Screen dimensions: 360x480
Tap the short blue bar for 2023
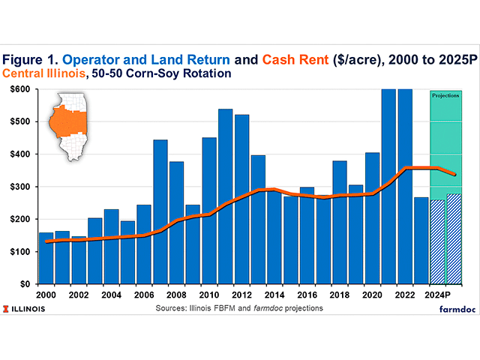pos(421,240)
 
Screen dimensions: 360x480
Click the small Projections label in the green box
pos(445,96)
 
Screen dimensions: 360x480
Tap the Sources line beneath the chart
pos(239,308)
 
